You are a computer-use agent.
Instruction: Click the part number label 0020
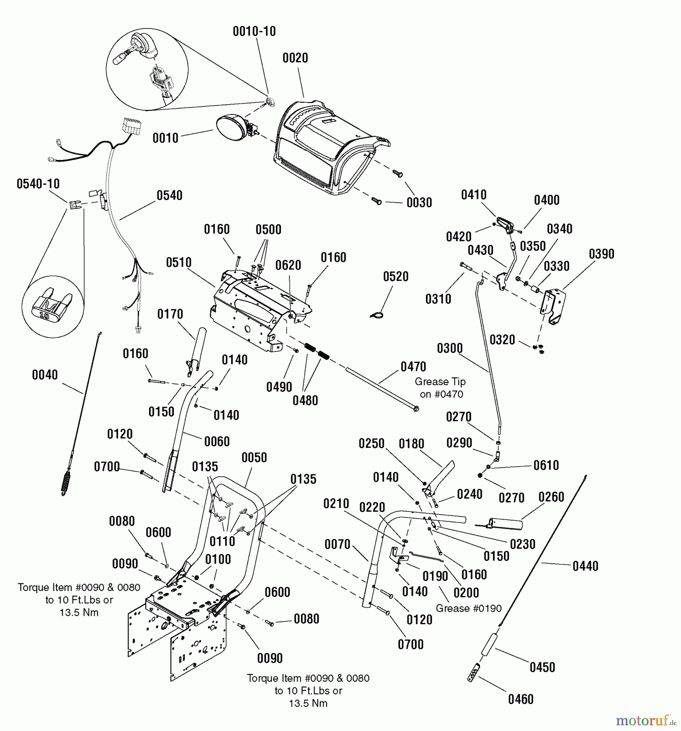(295, 58)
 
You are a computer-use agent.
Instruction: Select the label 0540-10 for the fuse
(38, 184)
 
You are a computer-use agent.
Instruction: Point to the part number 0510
(179, 263)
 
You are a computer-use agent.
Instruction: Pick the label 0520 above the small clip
(396, 277)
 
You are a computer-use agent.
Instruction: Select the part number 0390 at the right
(601, 254)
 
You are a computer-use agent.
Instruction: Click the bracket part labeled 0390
(553, 305)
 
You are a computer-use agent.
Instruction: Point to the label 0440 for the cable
(585, 566)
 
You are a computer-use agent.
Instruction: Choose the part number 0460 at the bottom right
(521, 699)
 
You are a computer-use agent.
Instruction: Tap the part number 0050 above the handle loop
(254, 458)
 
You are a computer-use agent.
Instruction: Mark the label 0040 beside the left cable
(45, 375)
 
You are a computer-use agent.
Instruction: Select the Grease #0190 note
(469, 608)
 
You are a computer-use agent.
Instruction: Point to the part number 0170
(170, 314)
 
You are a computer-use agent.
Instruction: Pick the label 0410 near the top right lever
(473, 195)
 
